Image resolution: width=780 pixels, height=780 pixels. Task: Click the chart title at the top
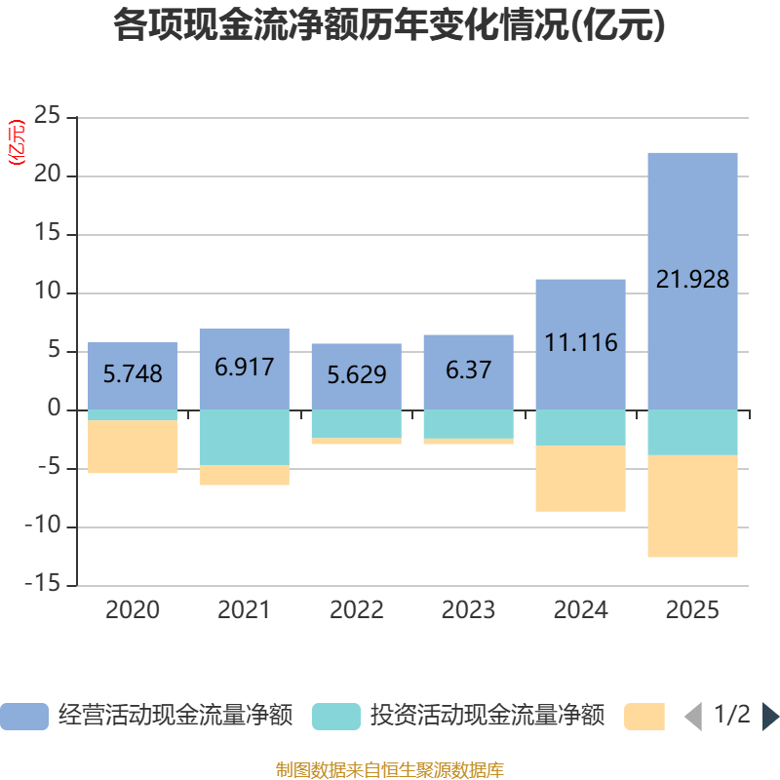click(x=389, y=26)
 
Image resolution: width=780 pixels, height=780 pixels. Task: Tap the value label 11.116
click(x=580, y=343)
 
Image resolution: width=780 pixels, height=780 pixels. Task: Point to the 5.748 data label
click(x=133, y=373)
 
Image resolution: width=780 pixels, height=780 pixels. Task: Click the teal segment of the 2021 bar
click(x=244, y=438)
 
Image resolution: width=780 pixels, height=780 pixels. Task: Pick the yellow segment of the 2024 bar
click(x=580, y=479)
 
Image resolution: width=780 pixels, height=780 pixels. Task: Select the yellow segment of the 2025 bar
click(x=692, y=506)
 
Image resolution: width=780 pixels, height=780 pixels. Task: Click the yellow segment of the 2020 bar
click(x=133, y=447)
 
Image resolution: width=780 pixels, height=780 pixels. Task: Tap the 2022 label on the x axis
click(x=357, y=610)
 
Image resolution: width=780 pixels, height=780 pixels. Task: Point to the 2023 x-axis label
click(x=468, y=610)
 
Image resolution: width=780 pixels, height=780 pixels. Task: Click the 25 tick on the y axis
click(x=48, y=118)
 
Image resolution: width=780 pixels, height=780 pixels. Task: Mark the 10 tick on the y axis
click(x=48, y=293)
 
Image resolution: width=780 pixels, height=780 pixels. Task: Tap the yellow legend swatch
click(x=643, y=717)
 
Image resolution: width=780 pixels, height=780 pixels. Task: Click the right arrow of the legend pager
click(x=770, y=717)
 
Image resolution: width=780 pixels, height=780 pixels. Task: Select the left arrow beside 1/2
click(x=693, y=717)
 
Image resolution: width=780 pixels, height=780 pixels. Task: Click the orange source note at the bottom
click(x=389, y=770)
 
